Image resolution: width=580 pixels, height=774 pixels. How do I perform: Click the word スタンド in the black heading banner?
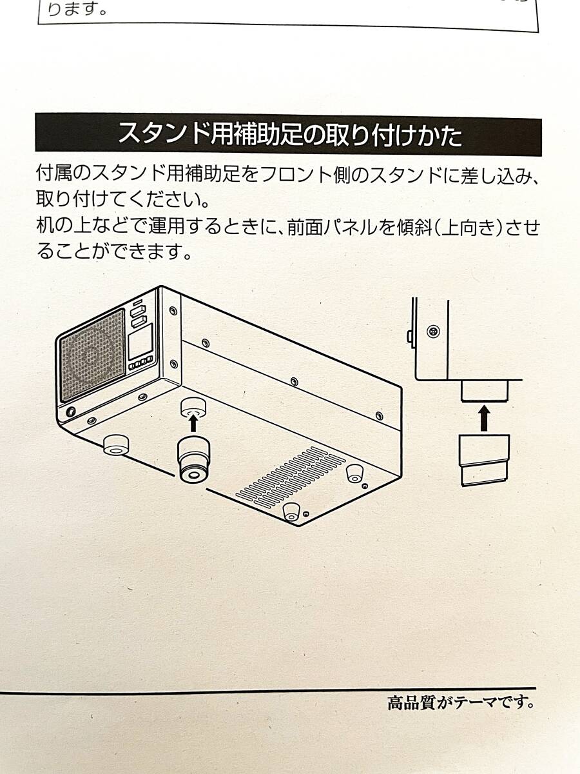[161, 134]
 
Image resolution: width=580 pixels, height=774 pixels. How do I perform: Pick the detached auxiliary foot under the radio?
[193, 459]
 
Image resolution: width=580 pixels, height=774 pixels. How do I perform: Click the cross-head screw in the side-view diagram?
[433, 332]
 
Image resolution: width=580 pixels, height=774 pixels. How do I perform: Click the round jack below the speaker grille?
[71, 412]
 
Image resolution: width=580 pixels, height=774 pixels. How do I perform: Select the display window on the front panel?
[140, 341]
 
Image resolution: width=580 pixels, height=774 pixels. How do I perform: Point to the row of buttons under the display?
[141, 364]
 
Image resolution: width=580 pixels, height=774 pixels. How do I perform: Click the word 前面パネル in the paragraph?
[327, 228]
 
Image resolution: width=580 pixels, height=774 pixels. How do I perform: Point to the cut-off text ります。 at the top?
[77, 9]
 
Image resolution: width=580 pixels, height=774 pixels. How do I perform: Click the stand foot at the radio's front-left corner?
[116, 445]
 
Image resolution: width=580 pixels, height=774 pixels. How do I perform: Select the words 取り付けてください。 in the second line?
[122, 201]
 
